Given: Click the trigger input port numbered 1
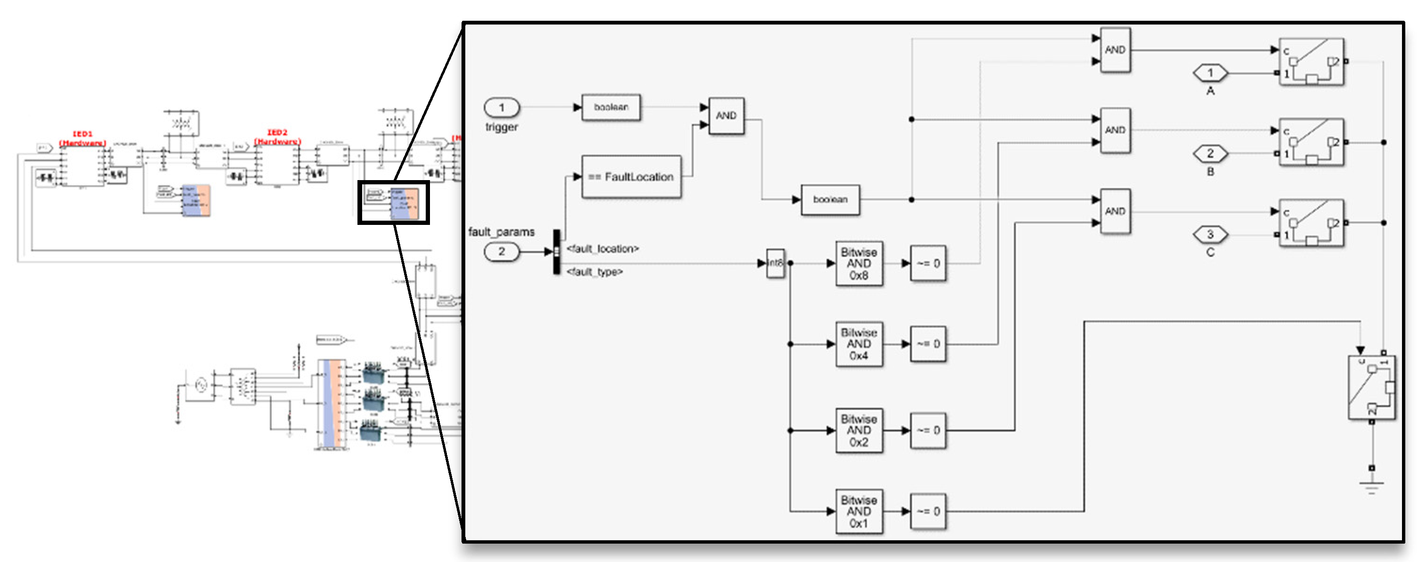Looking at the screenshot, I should coord(502,107).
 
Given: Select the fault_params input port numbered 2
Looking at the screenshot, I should coord(502,252).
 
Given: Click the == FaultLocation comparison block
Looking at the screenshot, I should coord(631,177).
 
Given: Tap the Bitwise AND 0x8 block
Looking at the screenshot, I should coord(859,264).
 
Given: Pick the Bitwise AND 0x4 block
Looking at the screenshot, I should coord(859,344).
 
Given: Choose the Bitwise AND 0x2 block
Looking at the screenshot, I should coord(859,430).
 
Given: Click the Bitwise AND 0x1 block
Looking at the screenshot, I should coord(859,511).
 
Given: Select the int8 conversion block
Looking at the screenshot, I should coord(775,264).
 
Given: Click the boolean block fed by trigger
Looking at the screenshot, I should coord(611,107).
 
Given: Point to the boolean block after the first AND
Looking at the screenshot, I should coord(830,199).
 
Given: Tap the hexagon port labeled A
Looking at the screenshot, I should coord(1210,73).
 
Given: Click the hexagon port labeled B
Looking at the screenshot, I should coord(1210,154).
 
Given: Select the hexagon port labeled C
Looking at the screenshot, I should coord(1210,235).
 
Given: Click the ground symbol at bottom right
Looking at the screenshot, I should coord(1371,487).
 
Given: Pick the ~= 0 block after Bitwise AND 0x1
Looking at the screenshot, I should coord(928,511).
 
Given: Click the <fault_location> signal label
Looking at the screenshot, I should coord(603,249).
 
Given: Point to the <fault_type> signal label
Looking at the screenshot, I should coord(594,272).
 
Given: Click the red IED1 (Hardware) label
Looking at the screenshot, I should coord(82,138).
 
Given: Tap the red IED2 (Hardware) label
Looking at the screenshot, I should coord(277,137).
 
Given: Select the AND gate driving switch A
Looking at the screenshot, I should coord(1115,50).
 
